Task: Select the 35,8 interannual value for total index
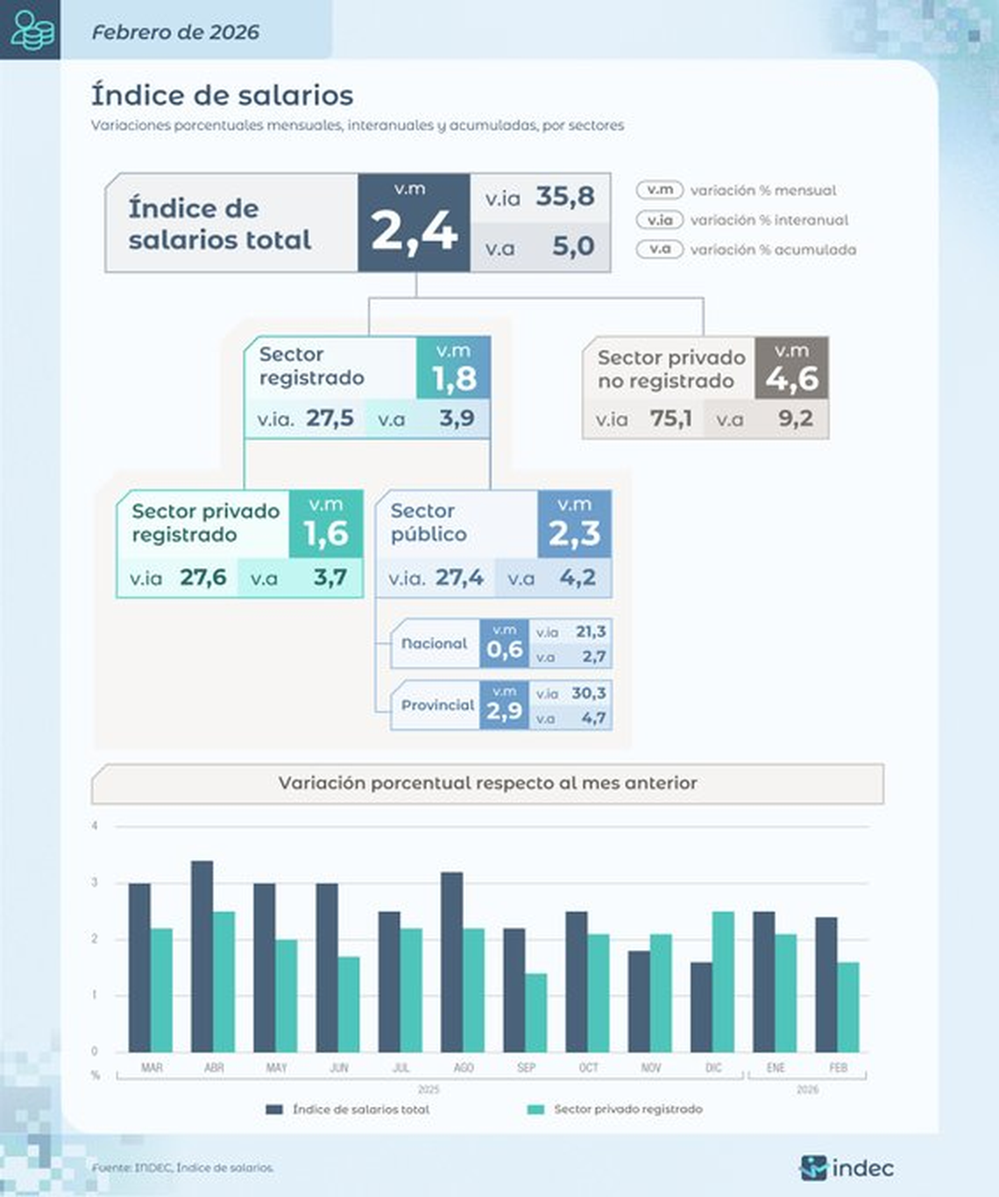564,196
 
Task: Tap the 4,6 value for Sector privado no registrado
791,379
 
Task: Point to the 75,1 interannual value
670,419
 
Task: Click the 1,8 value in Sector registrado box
454,378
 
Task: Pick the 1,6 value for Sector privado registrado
326,533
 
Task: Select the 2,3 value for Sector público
574,533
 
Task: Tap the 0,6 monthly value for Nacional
504,650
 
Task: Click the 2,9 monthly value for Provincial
504,711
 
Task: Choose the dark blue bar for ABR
202,956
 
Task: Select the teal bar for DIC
723,982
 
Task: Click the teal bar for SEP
535,1012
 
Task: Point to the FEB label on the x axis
838,1067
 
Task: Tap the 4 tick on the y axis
95,826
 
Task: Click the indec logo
847,1168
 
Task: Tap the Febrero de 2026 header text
175,32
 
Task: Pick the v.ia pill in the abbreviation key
660,220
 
